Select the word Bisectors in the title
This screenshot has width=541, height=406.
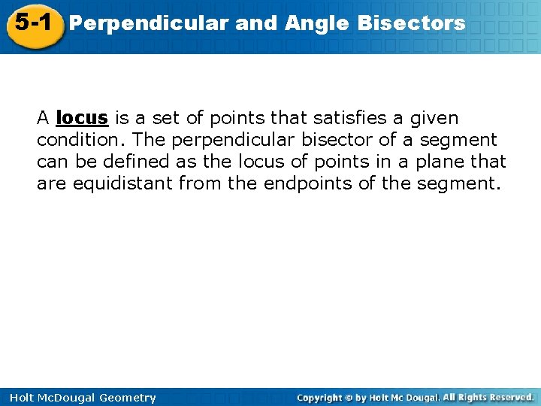coord(411,23)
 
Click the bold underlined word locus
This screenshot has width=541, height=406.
coord(83,118)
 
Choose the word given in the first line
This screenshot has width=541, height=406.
coord(431,118)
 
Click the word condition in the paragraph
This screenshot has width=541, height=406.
coord(80,140)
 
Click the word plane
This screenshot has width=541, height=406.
coord(445,162)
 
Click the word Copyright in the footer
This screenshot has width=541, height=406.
coord(319,397)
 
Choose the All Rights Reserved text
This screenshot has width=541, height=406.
coord(488,397)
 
